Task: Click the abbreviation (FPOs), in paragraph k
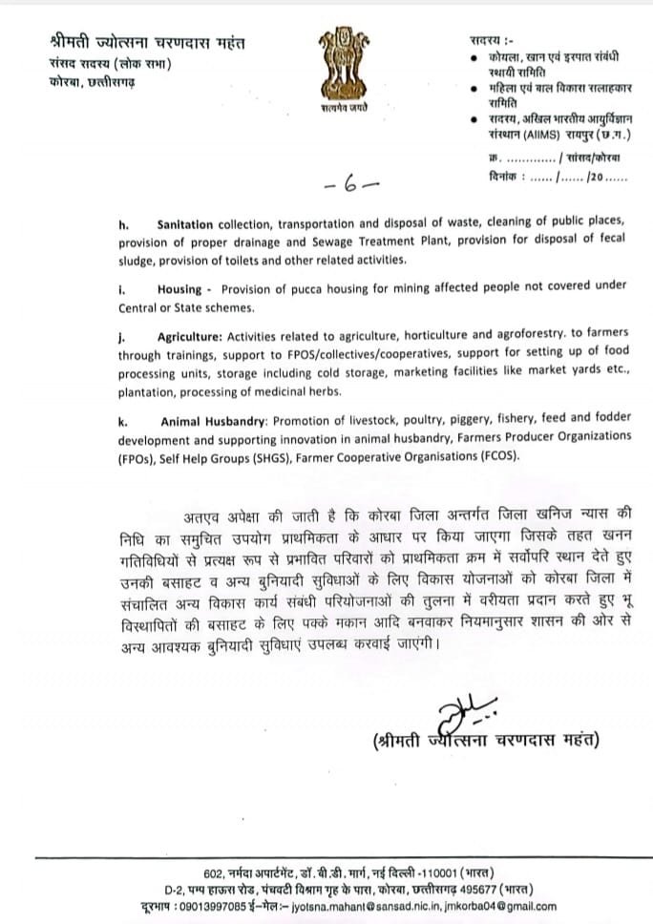[x=141, y=457]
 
